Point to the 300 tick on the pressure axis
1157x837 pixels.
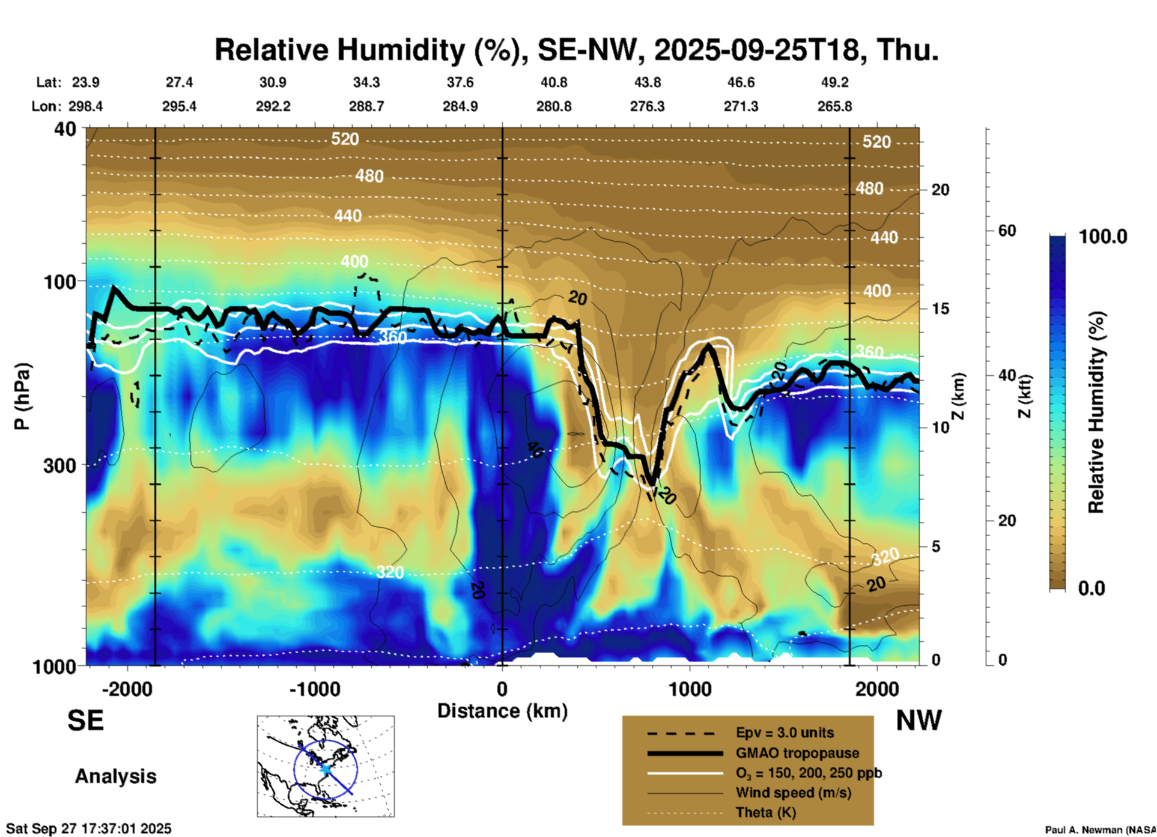point(59,465)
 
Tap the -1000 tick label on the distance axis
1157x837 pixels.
point(314,689)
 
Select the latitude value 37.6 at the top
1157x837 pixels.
point(460,82)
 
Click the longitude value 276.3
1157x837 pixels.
point(647,106)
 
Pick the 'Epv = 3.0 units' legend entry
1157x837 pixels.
point(784,733)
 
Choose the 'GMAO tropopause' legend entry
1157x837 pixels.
point(797,753)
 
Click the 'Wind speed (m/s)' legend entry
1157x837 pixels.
point(793,793)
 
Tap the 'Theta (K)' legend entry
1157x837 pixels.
point(765,812)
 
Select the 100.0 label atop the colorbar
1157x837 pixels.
point(1103,237)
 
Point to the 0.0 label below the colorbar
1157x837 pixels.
point(1092,588)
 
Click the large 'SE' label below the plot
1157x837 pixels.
point(85,720)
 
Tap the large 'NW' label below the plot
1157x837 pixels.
point(919,720)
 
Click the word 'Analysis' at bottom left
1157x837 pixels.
point(115,776)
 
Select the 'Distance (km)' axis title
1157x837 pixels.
point(502,711)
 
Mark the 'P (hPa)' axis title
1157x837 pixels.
point(22,396)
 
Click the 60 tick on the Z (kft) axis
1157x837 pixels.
point(1007,231)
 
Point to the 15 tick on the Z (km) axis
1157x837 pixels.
point(940,309)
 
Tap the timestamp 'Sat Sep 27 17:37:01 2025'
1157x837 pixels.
point(89,829)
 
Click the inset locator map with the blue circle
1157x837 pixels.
point(326,766)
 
